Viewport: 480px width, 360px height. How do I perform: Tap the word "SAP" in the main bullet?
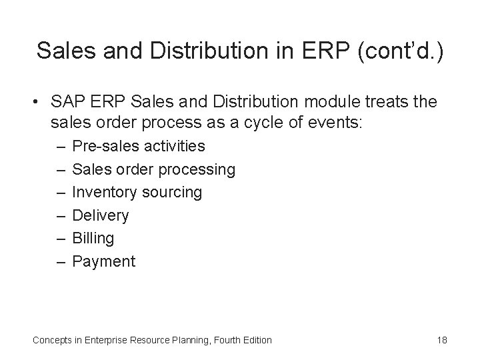coord(65,102)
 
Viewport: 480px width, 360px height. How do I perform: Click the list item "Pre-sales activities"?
coord(138,146)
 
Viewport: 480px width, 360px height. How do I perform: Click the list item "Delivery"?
coord(100,215)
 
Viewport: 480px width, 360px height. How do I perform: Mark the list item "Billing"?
coord(93,238)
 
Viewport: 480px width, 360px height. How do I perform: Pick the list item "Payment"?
coord(103,261)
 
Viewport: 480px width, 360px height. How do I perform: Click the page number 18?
coord(441,340)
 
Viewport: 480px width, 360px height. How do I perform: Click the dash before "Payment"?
coord(60,261)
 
